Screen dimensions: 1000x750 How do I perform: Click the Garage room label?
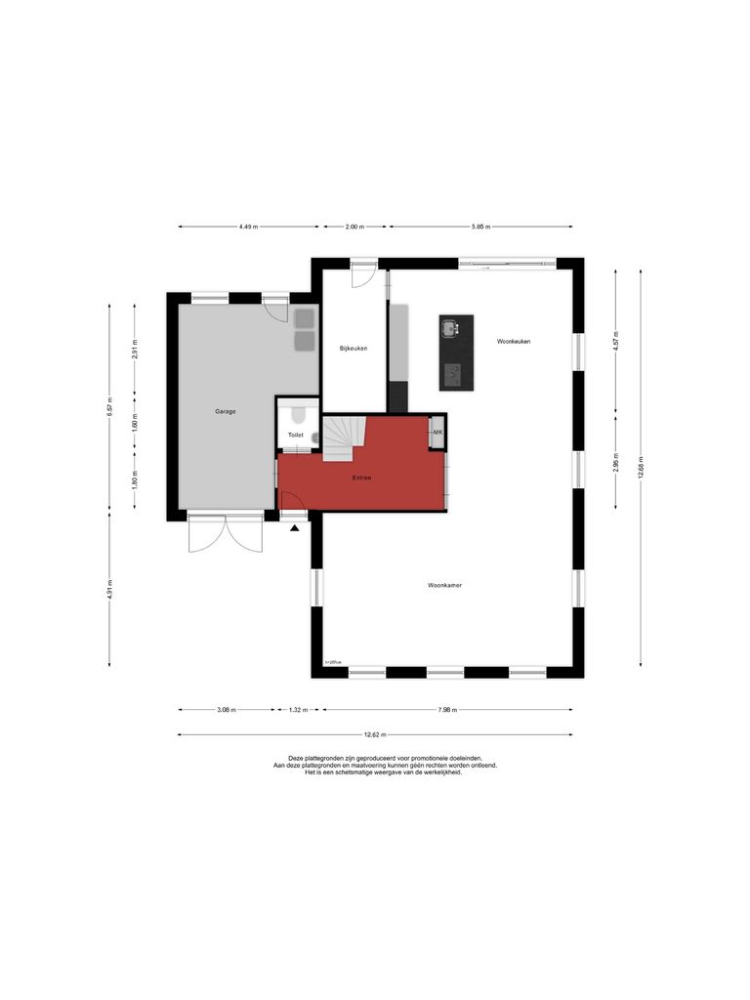tap(225, 411)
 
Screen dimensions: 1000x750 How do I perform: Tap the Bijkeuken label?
tap(354, 349)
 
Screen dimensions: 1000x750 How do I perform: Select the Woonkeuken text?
tap(514, 341)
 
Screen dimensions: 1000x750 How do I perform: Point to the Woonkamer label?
tap(444, 585)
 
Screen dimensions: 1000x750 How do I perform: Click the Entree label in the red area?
tap(362, 478)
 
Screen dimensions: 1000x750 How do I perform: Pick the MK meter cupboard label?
tap(438, 432)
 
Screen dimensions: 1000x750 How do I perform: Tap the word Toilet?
tap(295, 435)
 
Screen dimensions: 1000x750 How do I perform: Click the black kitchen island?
tap(455, 352)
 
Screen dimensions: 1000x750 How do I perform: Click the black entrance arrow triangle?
tap(295, 528)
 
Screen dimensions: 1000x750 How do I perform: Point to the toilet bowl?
tap(298, 414)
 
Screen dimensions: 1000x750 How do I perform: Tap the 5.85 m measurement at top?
tap(480, 227)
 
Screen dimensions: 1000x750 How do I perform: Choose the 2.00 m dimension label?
tap(354, 227)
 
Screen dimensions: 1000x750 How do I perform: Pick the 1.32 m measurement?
tap(300, 711)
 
